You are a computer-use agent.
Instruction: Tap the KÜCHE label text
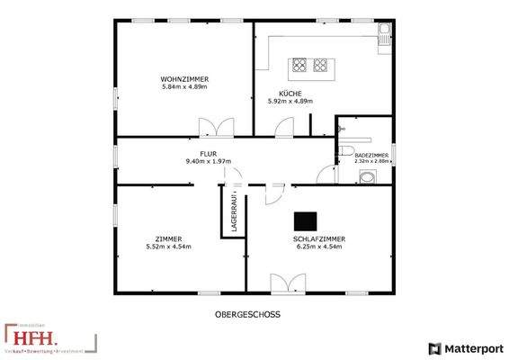click(290, 94)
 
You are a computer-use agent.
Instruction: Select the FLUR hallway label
click(209, 154)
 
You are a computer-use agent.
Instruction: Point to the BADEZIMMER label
click(371, 156)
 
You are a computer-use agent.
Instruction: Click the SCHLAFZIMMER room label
click(319, 238)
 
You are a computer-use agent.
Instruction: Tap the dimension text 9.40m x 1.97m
click(209, 161)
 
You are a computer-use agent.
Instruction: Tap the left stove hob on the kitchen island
click(298, 65)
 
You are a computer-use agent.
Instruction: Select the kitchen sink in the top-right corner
click(385, 36)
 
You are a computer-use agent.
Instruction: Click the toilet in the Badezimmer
click(347, 150)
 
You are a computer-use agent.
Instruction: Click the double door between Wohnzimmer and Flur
click(216, 127)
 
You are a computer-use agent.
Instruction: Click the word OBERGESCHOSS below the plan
click(247, 315)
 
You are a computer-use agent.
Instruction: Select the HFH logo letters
click(35, 337)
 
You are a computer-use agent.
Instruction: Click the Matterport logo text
click(469, 348)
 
